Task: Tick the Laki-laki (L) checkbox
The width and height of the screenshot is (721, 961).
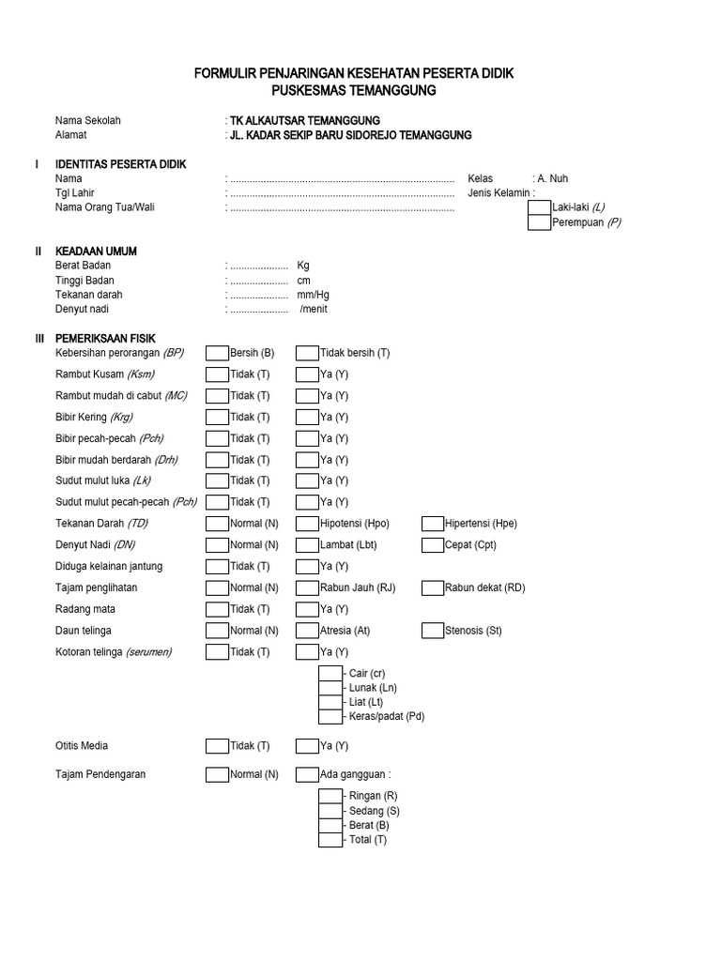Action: [x=539, y=207]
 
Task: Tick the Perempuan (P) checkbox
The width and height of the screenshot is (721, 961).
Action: [x=539, y=222]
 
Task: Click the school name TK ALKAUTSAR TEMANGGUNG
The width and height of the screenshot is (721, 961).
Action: [x=305, y=121]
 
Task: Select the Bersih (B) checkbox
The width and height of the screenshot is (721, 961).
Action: [x=217, y=353]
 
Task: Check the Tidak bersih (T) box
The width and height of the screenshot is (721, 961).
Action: [x=307, y=353]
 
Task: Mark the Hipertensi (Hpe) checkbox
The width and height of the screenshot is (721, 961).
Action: [x=433, y=524]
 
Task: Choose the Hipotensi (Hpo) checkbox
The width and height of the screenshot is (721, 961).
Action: [x=307, y=524]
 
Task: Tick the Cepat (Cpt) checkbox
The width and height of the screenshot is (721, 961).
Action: [x=433, y=545]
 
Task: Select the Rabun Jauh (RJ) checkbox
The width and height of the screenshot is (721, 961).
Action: [x=307, y=588]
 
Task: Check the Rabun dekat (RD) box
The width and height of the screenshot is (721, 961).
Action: [x=433, y=588]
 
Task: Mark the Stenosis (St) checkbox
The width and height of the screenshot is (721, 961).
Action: [x=433, y=631]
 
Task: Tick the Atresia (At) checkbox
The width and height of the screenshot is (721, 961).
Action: [x=307, y=631]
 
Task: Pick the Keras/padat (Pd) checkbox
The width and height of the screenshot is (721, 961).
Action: [x=330, y=717]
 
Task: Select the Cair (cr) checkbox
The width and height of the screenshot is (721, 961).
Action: [x=330, y=673]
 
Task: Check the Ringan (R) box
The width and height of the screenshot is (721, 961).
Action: [x=330, y=796]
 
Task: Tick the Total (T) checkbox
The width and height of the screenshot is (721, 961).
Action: [x=330, y=840]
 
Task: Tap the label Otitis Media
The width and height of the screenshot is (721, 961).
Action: [x=82, y=746]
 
